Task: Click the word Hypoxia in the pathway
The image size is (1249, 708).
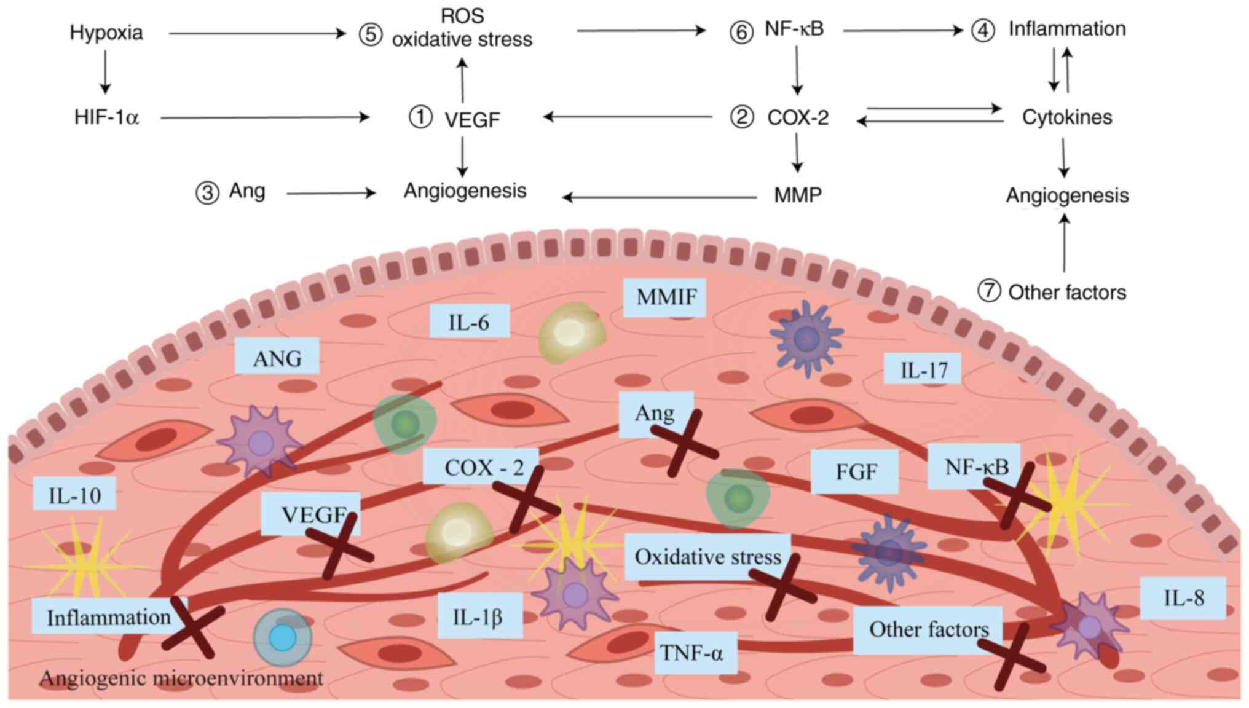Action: pos(106,33)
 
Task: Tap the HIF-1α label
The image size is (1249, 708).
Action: pos(106,117)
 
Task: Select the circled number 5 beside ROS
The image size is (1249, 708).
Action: pos(371,34)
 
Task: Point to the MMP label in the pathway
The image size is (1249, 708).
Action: pos(798,195)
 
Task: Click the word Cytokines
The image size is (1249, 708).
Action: pos(1067,117)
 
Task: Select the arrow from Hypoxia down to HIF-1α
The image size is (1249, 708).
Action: pos(105,71)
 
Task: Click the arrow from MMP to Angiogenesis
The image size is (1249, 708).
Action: pos(660,197)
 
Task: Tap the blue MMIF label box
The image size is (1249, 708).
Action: pos(666,297)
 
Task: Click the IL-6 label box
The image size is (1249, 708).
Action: pos(469,321)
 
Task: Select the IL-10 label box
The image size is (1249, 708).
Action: pos(75,495)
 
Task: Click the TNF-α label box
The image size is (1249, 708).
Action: pos(691,652)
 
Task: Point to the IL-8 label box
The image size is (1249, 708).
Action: pos(1183,597)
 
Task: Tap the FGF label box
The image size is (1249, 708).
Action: pos(855,471)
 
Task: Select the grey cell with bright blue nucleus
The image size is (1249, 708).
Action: pos(283,637)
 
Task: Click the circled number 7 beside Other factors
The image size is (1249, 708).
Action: pos(989,291)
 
